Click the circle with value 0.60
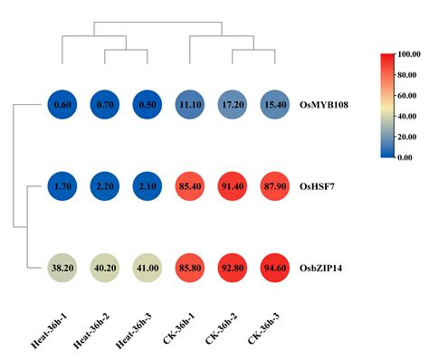(x=62, y=105)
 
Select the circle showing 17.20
(x=232, y=105)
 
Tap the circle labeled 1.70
(x=62, y=187)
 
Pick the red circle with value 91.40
(x=232, y=187)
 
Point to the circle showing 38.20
(x=62, y=269)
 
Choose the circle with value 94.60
(x=274, y=269)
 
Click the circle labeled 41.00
(x=147, y=269)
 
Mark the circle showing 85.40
(x=189, y=187)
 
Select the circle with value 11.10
(x=189, y=105)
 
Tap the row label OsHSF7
(x=320, y=187)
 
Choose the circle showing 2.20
(x=105, y=187)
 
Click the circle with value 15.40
(x=274, y=105)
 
